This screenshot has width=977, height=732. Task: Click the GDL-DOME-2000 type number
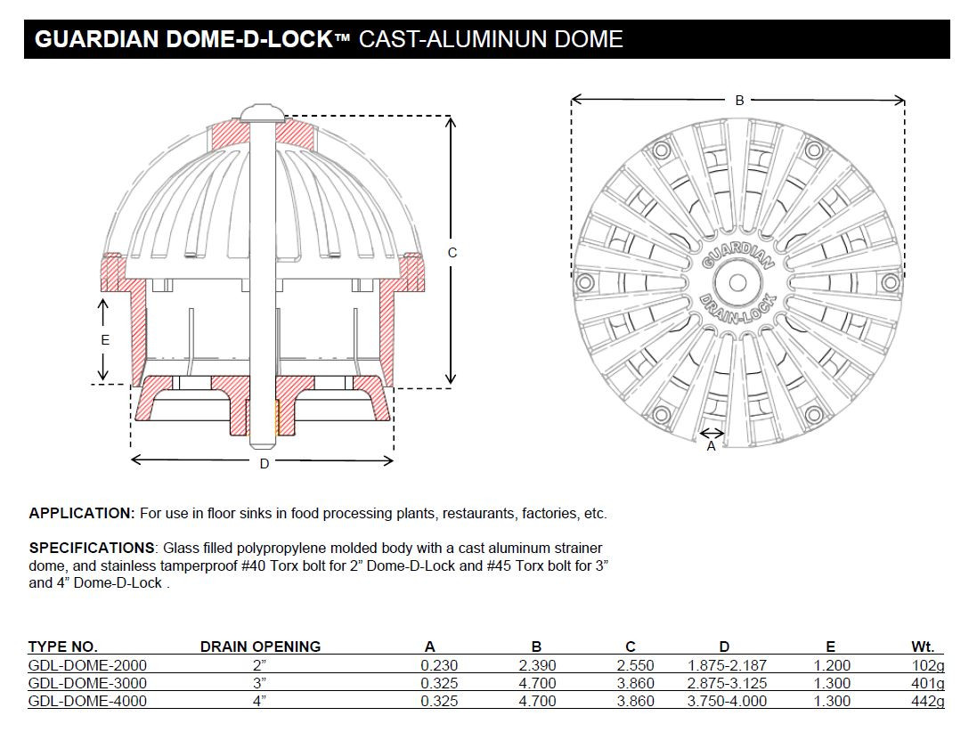pyautogui.click(x=87, y=665)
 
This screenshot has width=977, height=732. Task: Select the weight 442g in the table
pyautogui.click(x=927, y=701)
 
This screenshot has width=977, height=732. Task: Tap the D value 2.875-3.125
pyautogui.click(x=727, y=683)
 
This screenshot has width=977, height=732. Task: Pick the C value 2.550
pyautogui.click(x=636, y=665)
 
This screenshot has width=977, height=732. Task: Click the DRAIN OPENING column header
pyautogui.click(x=260, y=647)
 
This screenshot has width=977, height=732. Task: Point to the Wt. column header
pyautogui.click(x=922, y=647)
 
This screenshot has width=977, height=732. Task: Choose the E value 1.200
pyautogui.click(x=831, y=665)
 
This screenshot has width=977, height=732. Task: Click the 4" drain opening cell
pyautogui.click(x=260, y=701)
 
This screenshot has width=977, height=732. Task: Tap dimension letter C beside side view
pyautogui.click(x=452, y=253)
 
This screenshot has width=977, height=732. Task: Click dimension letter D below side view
pyautogui.click(x=264, y=463)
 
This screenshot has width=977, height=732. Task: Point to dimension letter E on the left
pyautogui.click(x=104, y=339)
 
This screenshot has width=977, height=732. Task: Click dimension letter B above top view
pyautogui.click(x=739, y=101)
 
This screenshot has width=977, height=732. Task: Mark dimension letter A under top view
pyautogui.click(x=711, y=446)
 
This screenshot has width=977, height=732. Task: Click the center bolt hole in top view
pyautogui.click(x=737, y=283)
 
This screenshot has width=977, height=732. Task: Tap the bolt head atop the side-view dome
pyautogui.click(x=262, y=112)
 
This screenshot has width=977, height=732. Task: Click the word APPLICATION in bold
pyautogui.click(x=81, y=513)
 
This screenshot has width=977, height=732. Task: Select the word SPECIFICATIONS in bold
pyautogui.click(x=92, y=547)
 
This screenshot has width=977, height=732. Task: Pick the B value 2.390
pyautogui.click(x=537, y=665)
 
